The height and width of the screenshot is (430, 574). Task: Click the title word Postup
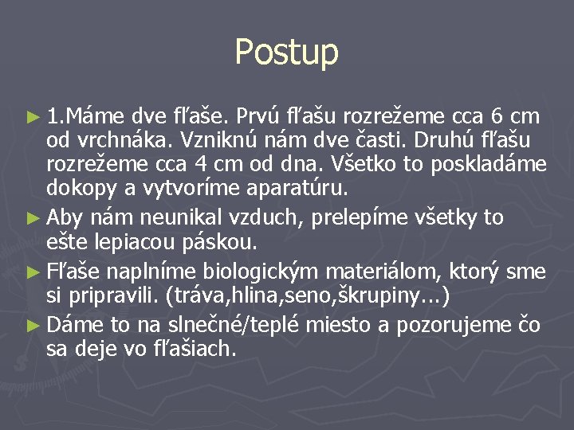[x=287, y=53]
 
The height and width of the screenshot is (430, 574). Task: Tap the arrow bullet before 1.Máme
[x=33, y=118]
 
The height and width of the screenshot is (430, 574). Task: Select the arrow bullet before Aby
[x=33, y=217]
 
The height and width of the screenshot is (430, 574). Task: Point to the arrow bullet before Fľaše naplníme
[x=33, y=271]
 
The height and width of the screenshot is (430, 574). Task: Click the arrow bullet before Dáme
[x=33, y=325]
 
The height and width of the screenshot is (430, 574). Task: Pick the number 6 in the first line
[x=498, y=117]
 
